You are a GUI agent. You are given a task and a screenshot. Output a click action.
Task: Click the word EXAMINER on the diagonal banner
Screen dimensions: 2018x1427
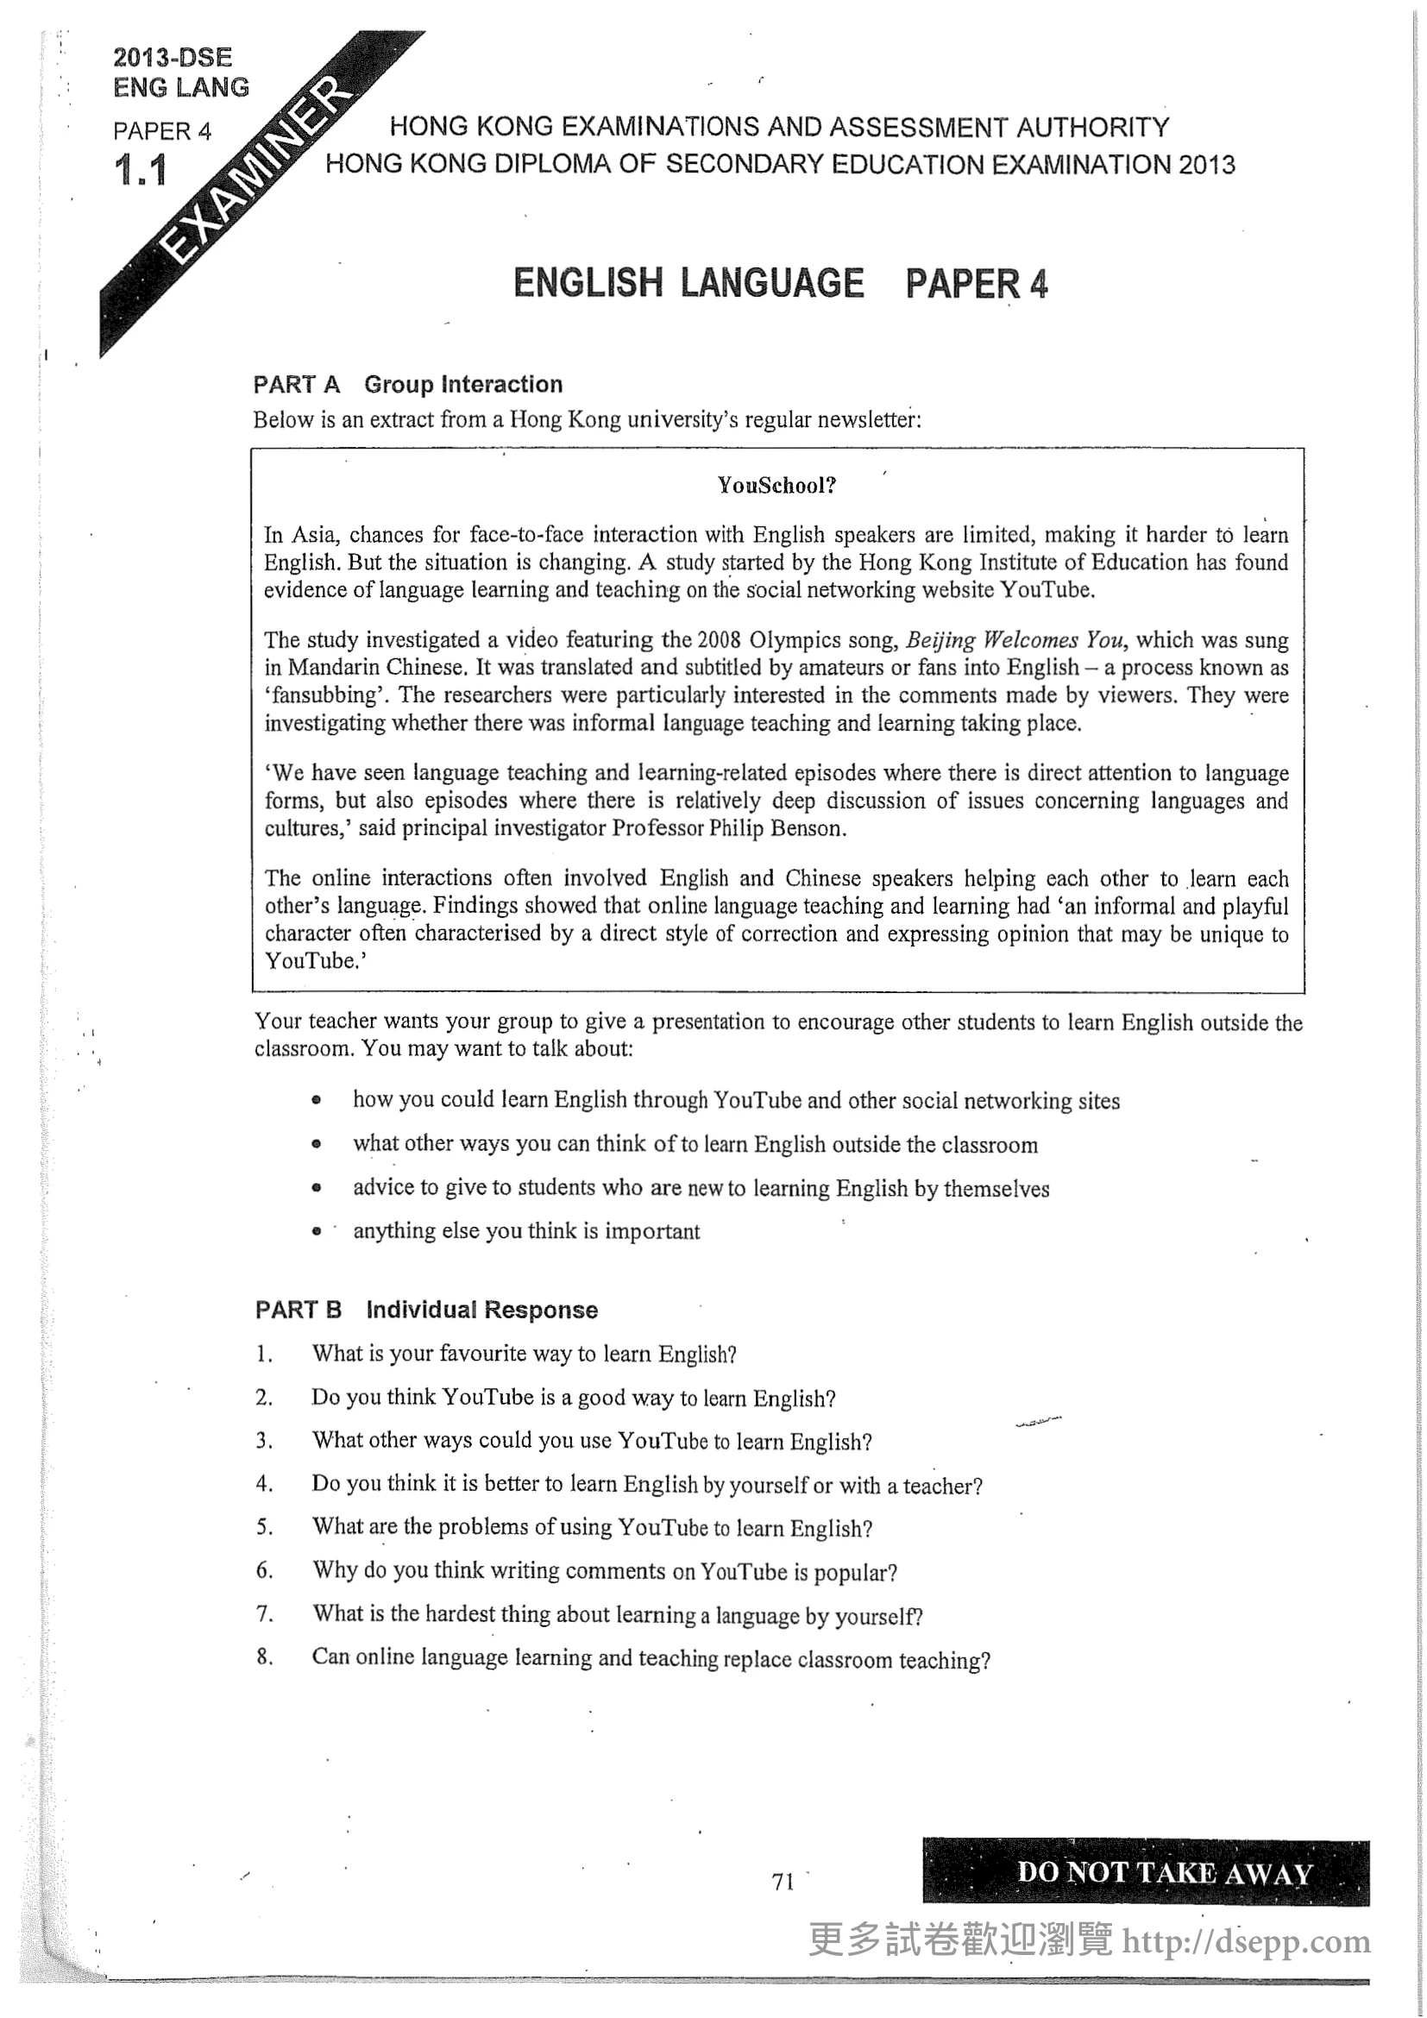(x=259, y=169)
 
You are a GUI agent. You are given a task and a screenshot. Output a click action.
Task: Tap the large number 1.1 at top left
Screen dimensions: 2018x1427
(x=141, y=171)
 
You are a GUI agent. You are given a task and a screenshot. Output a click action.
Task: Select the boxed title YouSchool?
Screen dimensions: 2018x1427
(x=776, y=485)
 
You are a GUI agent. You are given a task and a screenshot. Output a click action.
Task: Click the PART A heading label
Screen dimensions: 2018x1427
(x=296, y=385)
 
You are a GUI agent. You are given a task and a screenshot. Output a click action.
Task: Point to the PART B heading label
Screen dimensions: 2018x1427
(x=298, y=1310)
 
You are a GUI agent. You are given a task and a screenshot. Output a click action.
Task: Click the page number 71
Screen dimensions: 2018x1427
(x=783, y=1882)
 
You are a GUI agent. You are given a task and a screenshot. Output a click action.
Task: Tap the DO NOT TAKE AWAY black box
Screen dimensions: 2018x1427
(x=1146, y=1872)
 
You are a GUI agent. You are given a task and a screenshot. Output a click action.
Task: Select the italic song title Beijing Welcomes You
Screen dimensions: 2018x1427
(x=1014, y=640)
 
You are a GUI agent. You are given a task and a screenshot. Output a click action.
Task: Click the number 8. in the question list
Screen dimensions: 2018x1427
(x=265, y=1657)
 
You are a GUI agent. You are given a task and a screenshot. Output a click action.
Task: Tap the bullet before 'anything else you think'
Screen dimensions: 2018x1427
(x=317, y=1231)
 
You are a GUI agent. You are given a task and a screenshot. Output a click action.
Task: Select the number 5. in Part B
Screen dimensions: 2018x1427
(x=265, y=1527)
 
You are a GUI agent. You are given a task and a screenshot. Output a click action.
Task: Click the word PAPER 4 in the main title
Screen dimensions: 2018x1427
(x=977, y=284)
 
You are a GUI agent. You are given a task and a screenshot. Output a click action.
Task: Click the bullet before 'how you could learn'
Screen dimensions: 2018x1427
(x=317, y=1100)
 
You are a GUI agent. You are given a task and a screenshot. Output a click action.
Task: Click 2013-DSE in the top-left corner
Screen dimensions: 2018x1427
(x=173, y=58)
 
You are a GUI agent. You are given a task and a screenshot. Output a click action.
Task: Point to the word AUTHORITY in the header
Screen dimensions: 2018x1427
(x=1092, y=129)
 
